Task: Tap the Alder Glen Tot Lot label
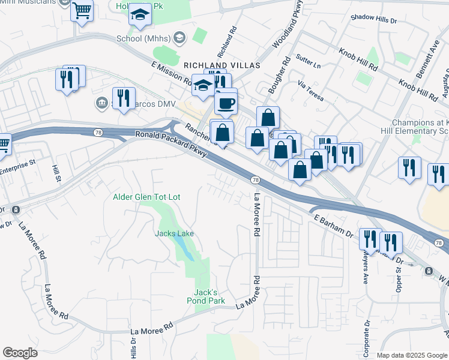coord(147,197)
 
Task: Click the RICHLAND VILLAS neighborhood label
coord(222,65)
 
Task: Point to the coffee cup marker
coord(226,103)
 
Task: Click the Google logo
coord(20,353)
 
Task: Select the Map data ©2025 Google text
coord(412,355)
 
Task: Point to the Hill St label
coord(56,174)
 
